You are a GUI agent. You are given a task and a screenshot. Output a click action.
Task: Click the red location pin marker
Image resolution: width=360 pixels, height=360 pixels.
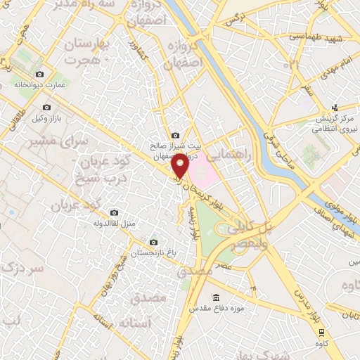180,166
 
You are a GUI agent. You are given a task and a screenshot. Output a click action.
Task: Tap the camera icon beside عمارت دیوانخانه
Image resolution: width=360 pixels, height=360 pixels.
39,75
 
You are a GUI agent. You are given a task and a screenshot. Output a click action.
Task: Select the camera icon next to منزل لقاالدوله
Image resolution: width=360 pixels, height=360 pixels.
115,213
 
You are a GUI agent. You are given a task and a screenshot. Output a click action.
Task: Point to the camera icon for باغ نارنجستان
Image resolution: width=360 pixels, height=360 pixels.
135,242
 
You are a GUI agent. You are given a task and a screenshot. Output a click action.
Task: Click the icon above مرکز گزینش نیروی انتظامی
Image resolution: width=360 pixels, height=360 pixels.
335,107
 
